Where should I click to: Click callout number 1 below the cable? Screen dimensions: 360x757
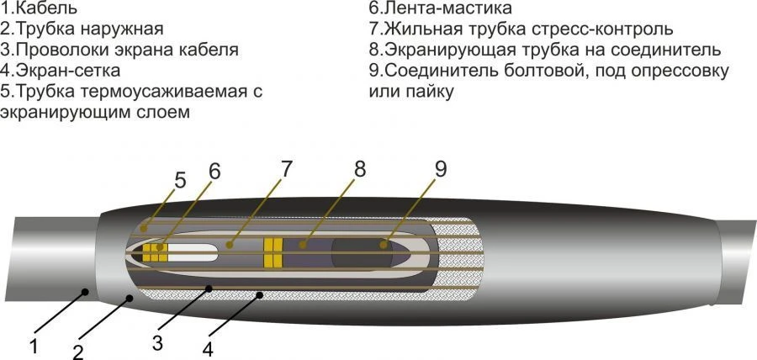coord(34,344)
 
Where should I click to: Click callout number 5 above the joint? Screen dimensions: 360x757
coord(180,179)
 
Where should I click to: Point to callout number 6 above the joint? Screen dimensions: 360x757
coord(215,171)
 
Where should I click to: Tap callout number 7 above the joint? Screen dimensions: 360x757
coord(287,167)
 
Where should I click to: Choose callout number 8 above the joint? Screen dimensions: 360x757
coord(360,168)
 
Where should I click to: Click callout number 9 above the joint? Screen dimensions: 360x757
coord(440,168)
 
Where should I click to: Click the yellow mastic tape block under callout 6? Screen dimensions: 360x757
coord(155,250)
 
